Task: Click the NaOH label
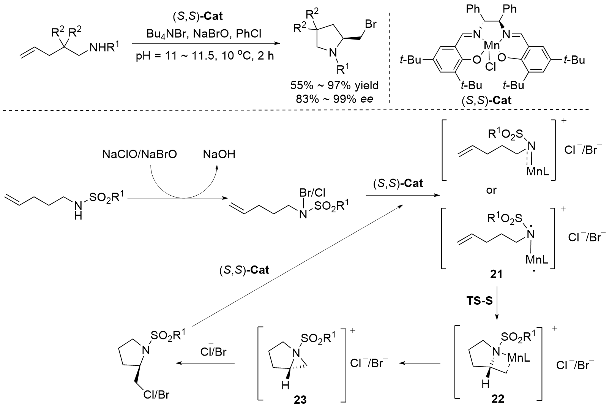click(x=219, y=154)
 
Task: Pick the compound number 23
click(x=301, y=399)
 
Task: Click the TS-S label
click(x=480, y=301)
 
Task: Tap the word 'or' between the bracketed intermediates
click(x=491, y=190)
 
